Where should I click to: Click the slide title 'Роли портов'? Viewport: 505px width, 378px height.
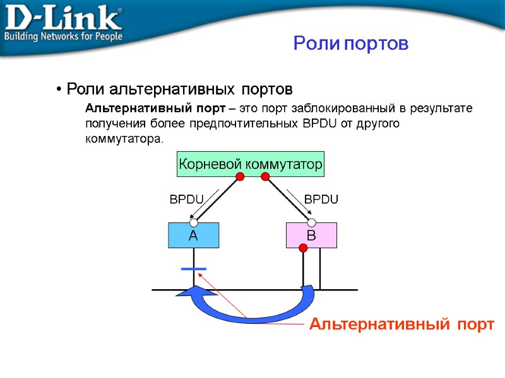pyautogui.click(x=351, y=43)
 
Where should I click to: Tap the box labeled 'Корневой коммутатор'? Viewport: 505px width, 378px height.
pyautogui.click(x=251, y=164)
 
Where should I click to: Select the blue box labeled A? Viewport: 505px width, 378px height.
pyautogui.click(x=193, y=236)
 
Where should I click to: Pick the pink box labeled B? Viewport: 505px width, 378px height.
pyautogui.click(x=311, y=236)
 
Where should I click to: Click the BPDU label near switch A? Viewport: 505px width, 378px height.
pyautogui.click(x=186, y=199)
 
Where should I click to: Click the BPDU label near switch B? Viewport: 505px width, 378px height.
pyautogui.click(x=321, y=199)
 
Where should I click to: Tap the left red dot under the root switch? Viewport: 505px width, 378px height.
pyautogui.click(x=240, y=177)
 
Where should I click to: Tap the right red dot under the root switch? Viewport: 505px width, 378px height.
pyautogui.click(x=265, y=177)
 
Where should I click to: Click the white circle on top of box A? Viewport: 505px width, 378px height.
pyautogui.click(x=194, y=222)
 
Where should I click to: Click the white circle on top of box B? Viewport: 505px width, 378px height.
pyautogui.click(x=311, y=222)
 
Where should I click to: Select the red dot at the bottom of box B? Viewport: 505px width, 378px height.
pyautogui.click(x=303, y=248)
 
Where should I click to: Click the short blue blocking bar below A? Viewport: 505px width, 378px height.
pyautogui.click(x=193, y=269)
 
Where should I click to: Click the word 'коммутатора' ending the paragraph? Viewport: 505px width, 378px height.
pyautogui.click(x=124, y=138)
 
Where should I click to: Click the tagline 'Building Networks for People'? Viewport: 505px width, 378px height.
pyautogui.click(x=63, y=37)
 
